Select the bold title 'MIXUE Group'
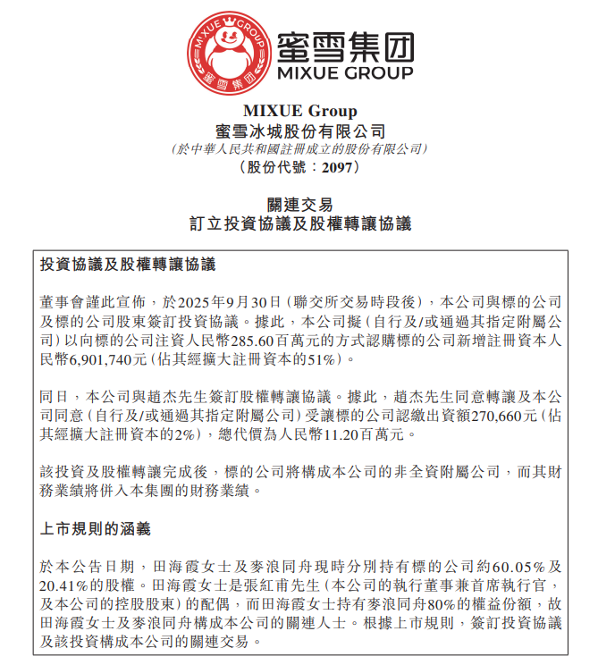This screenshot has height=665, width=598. [299, 112]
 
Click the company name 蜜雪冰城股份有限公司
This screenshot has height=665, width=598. [299, 130]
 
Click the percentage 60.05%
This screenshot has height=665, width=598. [516, 567]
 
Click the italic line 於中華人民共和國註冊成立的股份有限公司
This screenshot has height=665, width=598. [299, 148]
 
